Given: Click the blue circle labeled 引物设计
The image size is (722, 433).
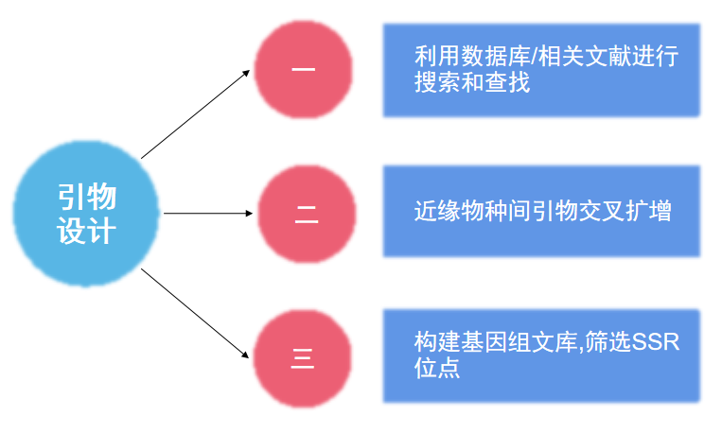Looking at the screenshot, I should tap(87, 213).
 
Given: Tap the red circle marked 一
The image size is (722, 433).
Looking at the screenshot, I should tap(304, 69).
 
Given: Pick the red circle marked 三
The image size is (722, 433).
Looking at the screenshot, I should tap(303, 359).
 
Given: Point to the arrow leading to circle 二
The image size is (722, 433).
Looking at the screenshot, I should tap(208, 214).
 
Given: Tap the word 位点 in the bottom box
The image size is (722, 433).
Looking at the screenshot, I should tap(437, 367).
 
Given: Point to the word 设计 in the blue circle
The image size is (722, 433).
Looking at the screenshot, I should tap(87, 231).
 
